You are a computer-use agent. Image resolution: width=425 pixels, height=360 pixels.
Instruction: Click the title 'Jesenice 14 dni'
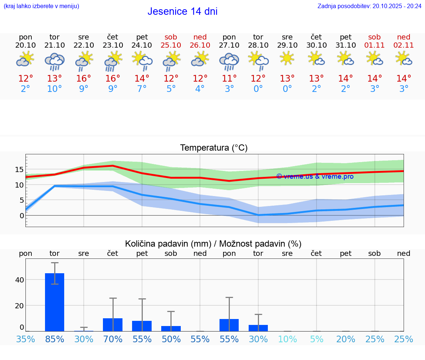coord(182,11)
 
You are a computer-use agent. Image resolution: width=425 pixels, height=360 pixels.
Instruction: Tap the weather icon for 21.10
coord(55,61)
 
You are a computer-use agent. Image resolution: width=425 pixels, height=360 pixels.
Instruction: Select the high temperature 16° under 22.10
coord(84,79)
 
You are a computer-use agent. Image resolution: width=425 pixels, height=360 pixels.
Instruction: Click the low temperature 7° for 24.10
coord(142,89)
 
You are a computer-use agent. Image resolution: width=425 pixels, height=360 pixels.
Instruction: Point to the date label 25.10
coord(171,45)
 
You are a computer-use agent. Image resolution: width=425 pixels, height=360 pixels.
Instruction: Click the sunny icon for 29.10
coord(287,58)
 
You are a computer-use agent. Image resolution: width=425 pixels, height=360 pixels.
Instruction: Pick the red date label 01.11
coord(374,45)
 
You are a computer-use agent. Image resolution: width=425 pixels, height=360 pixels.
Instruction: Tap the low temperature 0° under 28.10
coord(258,89)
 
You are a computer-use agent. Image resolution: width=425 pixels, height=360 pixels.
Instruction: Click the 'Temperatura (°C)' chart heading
coord(214,148)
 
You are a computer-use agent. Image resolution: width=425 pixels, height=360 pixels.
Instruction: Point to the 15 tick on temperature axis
coord(20,169)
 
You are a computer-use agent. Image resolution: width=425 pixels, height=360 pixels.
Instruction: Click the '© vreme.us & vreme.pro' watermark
coord(315,176)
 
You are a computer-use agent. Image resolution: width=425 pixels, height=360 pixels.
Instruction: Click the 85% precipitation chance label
coord(55,339)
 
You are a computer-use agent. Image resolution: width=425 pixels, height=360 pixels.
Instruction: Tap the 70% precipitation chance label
coord(113,339)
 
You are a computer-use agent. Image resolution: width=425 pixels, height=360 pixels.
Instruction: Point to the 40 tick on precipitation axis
coord(20,280)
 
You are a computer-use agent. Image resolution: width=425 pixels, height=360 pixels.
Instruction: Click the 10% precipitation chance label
coord(287,339)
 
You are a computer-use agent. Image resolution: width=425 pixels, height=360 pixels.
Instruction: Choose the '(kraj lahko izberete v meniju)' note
coord(41,6)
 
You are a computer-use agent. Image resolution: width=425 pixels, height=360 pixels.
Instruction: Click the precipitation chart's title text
coord(213,244)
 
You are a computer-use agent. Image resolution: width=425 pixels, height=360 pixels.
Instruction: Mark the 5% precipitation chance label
coord(317,339)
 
